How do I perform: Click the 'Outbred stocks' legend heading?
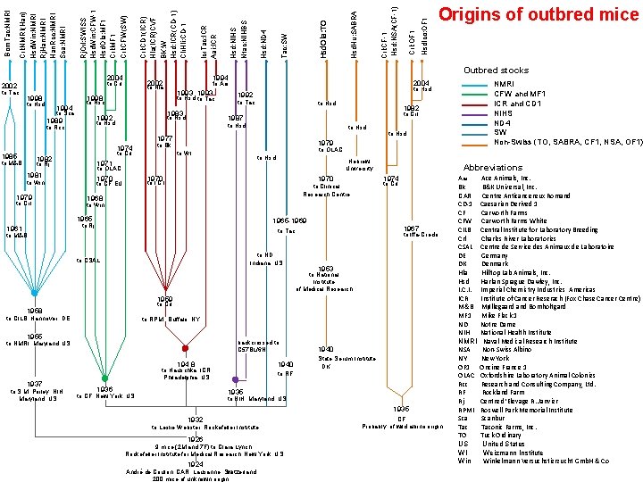(495, 70)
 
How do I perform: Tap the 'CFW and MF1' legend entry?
(522, 93)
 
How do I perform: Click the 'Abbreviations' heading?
(493, 168)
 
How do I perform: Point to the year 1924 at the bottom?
(195, 462)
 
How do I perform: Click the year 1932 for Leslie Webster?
(195, 418)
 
